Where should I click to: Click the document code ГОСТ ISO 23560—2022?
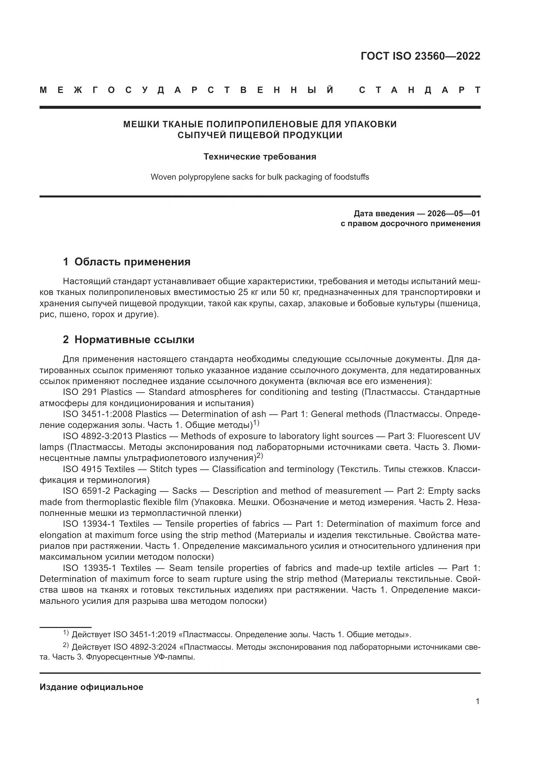click(x=420, y=56)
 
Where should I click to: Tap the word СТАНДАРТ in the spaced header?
click(x=419, y=90)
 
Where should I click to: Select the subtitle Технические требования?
click(x=260, y=157)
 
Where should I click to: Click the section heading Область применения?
click(x=132, y=262)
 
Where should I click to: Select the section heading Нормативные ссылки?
click(x=134, y=340)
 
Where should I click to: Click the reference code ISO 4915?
click(x=80, y=469)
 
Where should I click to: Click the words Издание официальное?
click(x=91, y=687)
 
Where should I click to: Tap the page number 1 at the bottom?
click(x=477, y=701)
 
